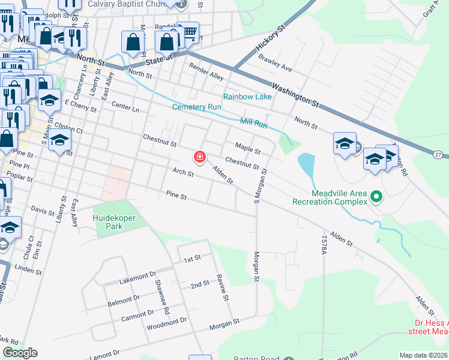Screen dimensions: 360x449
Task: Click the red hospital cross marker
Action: tap(199, 157)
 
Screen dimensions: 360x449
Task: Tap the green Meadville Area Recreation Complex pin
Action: tap(376, 196)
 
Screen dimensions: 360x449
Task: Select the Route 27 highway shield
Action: tap(440, 155)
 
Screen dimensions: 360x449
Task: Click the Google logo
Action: tap(20, 353)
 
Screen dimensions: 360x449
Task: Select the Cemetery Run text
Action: tap(197, 107)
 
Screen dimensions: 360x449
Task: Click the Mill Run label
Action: tap(253, 122)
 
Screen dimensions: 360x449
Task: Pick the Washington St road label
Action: tap(294, 95)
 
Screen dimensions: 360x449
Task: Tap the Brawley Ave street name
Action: tap(275, 64)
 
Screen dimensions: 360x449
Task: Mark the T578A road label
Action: tap(324, 246)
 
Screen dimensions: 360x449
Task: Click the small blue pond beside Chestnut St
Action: tap(306, 165)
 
